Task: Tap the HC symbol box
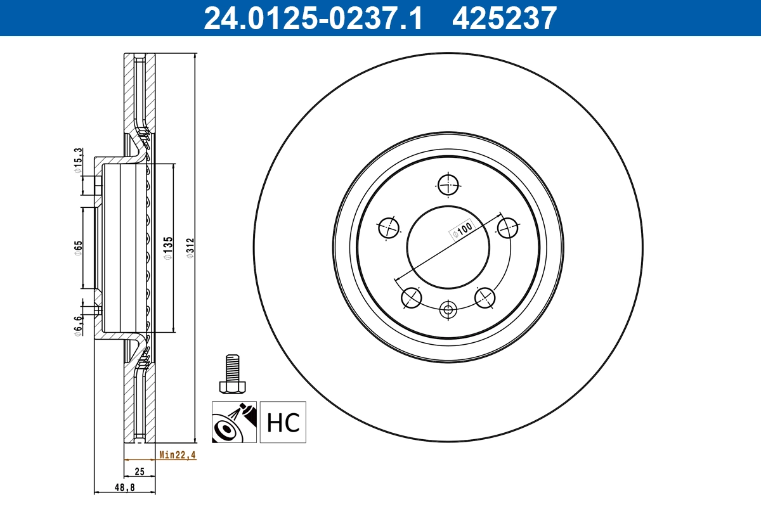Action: (283, 422)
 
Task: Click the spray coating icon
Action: (234, 422)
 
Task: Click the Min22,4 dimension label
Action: (178, 455)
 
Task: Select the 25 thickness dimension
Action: (140, 471)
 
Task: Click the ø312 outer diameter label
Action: (189, 247)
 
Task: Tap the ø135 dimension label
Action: (168, 248)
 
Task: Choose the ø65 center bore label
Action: (78, 248)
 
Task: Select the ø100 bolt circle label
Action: (462, 229)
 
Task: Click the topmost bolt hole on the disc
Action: (448, 185)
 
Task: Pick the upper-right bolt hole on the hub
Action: (507, 227)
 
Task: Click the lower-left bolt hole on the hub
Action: (411, 297)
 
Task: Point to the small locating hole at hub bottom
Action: (448, 310)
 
